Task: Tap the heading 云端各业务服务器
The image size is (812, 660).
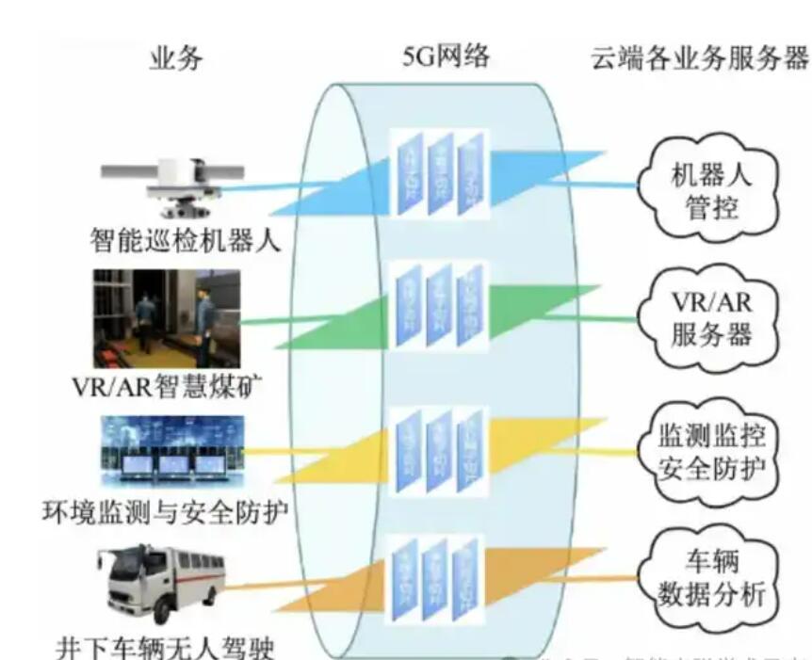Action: [x=699, y=58]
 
